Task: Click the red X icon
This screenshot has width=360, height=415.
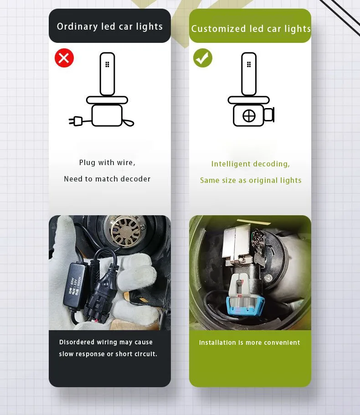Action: [64, 58]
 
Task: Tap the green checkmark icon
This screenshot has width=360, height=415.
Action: [203, 58]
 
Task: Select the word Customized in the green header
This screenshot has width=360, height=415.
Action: [218, 29]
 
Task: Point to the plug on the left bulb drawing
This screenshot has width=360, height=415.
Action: [76, 121]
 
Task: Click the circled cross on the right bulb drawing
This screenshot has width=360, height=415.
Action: [249, 116]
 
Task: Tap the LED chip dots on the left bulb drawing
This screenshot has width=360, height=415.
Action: [107, 65]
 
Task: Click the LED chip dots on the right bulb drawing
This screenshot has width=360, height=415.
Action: [249, 65]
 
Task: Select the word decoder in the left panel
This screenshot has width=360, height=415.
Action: [135, 179]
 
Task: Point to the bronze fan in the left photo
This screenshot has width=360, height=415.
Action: [126, 230]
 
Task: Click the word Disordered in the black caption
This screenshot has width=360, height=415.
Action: [77, 342]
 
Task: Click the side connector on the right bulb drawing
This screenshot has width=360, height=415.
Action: [269, 114]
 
